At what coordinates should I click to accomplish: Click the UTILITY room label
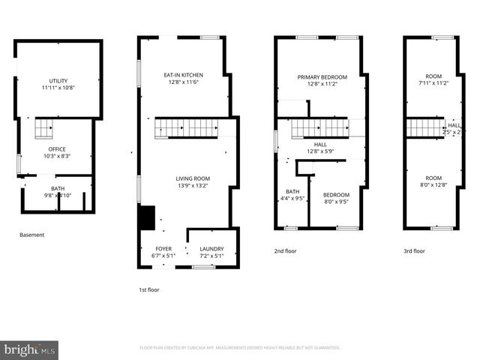[x=58, y=80]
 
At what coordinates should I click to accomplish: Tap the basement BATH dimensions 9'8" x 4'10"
[x=58, y=196]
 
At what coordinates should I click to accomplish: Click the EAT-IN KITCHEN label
[x=183, y=75]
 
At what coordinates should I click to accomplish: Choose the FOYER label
[x=163, y=248]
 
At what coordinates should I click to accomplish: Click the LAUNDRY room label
[x=211, y=248]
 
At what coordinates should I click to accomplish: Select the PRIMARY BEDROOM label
[x=322, y=77]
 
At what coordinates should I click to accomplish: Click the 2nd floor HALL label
[x=320, y=144]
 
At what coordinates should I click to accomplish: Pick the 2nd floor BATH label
[x=292, y=191]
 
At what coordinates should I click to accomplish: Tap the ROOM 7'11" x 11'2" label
[x=433, y=76]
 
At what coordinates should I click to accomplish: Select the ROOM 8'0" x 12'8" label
[x=433, y=178]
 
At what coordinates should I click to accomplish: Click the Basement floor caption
[x=31, y=235]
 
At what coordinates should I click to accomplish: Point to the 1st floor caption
[x=148, y=289]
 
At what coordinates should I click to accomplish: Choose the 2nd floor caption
[x=285, y=251]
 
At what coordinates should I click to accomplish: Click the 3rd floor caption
[x=414, y=251]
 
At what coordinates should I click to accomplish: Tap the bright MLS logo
[x=29, y=349]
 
